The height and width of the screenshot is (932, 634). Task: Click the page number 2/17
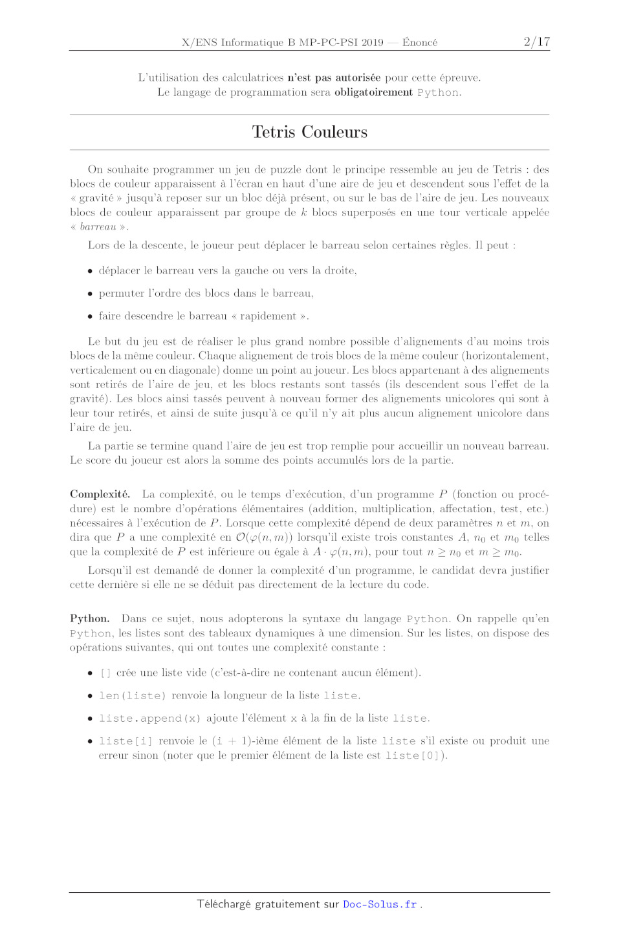point(536,42)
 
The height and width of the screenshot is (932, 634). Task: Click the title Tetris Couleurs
point(309,132)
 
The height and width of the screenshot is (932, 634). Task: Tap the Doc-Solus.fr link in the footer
point(380,904)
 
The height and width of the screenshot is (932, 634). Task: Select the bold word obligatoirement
point(373,92)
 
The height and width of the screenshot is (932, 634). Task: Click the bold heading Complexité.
point(100,494)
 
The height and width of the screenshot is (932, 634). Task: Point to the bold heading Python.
point(89,618)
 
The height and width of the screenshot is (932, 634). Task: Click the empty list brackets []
point(105,673)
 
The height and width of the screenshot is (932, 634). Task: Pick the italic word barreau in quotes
point(98,226)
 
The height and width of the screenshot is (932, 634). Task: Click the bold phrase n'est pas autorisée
point(334,78)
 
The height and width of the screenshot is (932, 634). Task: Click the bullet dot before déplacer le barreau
point(90,271)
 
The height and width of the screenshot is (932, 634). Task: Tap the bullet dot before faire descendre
point(90,316)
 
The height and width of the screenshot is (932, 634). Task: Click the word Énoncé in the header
point(419,43)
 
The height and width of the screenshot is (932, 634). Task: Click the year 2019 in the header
point(372,43)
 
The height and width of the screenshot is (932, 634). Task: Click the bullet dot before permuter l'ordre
point(90,294)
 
